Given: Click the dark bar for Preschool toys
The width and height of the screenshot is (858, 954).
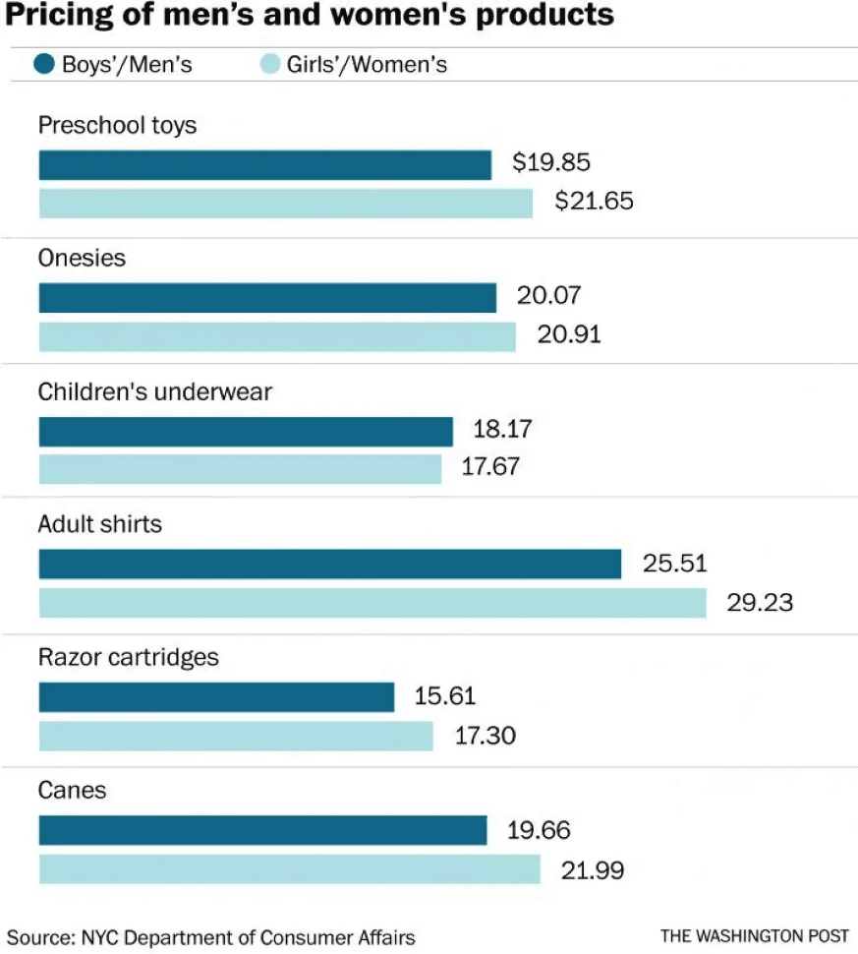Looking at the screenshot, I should click(264, 165).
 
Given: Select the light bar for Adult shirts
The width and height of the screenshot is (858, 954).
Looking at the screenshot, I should click(372, 603).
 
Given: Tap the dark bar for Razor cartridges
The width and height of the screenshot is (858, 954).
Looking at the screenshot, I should click(216, 697).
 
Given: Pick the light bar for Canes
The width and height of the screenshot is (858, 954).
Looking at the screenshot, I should click(289, 869).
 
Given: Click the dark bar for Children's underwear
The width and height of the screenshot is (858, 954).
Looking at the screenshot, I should click(246, 432).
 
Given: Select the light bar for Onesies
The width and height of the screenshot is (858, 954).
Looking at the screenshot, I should click(277, 336).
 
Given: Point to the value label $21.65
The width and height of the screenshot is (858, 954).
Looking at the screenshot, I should click(594, 202).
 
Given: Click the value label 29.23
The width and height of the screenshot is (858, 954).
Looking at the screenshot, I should click(759, 602).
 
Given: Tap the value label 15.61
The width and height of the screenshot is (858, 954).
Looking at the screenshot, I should click(444, 696).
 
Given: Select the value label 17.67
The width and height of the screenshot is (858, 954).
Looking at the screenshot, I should click(490, 467).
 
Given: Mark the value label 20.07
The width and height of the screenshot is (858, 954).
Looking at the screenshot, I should click(548, 295).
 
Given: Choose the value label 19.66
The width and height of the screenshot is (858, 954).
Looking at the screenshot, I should click(539, 830).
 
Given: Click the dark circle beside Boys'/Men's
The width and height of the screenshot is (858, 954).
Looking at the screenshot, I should click(44, 65).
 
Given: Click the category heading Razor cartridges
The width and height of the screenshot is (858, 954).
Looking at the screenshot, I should click(128, 657).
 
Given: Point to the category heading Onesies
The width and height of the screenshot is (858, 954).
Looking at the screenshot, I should click(82, 258).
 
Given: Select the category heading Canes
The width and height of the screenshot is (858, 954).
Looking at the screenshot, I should click(72, 791).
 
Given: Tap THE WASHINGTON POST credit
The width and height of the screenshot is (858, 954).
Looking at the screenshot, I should click(754, 935).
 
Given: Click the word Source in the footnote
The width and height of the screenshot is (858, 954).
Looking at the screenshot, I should click(37, 936).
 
